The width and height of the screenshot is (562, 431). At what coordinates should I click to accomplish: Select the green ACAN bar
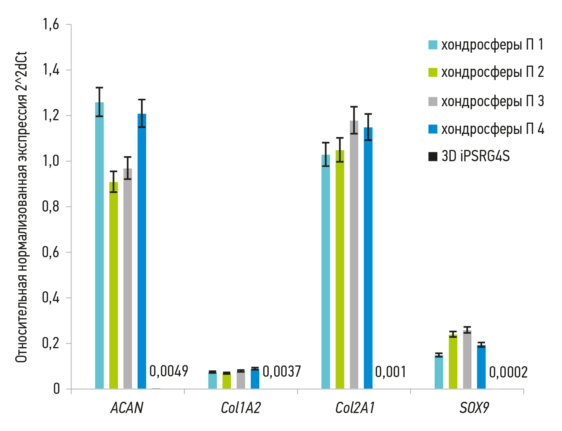click(x=114, y=285)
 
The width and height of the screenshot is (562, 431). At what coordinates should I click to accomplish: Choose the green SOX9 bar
click(x=453, y=362)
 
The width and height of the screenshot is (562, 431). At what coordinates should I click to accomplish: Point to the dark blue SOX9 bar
click(x=481, y=367)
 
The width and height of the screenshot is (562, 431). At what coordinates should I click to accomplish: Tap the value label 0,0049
click(x=169, y=371)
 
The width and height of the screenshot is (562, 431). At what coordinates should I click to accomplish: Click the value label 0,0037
click(x=282, y=372)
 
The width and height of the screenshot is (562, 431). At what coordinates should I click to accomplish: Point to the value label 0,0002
click(x=508, y=372)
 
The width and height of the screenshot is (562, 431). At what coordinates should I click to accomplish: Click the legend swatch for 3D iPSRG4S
click(x=433, y=157)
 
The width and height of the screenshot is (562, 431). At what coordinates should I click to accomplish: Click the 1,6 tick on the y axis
click(x=51, y=25)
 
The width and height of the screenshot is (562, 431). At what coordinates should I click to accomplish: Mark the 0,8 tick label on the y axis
click(x=51, y=207)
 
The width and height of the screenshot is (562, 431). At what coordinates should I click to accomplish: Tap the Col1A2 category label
click(x=241, y=408)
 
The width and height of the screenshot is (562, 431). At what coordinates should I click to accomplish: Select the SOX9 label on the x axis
click(x=474, y=408)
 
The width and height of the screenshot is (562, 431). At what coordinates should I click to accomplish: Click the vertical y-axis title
click(x=21, y=207)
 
